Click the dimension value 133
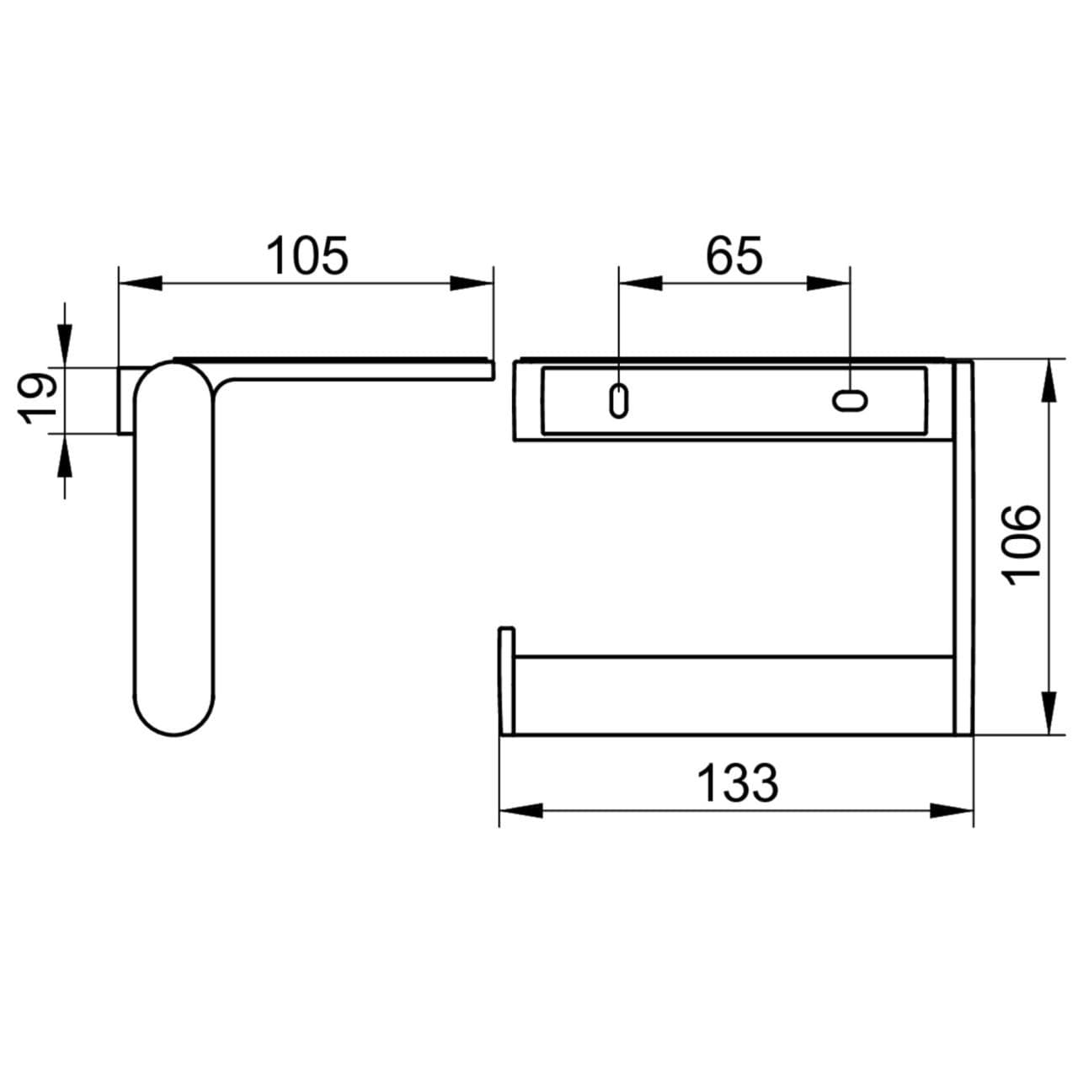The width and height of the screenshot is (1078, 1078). tap(738, 783)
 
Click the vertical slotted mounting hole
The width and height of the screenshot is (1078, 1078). tap(618, 400)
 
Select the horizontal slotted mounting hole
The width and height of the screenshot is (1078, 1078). tap(850, 400)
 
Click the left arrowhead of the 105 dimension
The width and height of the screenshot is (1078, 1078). tap(140, 283)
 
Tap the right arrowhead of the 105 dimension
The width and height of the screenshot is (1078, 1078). tap(472, 283)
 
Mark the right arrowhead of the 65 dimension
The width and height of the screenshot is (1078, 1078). tap(829, 283)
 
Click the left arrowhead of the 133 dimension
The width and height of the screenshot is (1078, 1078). tap(520, 810)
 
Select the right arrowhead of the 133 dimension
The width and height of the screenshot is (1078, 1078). tap(952, 810)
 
